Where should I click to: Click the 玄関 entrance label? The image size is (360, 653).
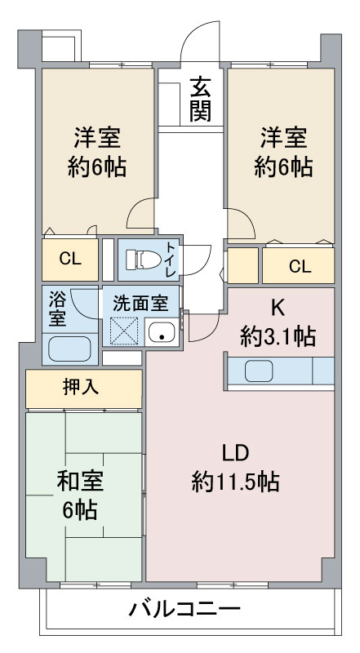[200, 98]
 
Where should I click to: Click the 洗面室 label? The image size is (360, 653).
[140, 301]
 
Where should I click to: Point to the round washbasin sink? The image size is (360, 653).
[161, 333]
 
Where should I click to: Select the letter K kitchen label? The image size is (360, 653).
[278, 308]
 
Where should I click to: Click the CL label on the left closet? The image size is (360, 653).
[69, 260]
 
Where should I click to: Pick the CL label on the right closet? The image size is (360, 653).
[299, 265]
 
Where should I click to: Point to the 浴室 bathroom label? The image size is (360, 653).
[56, 309]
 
